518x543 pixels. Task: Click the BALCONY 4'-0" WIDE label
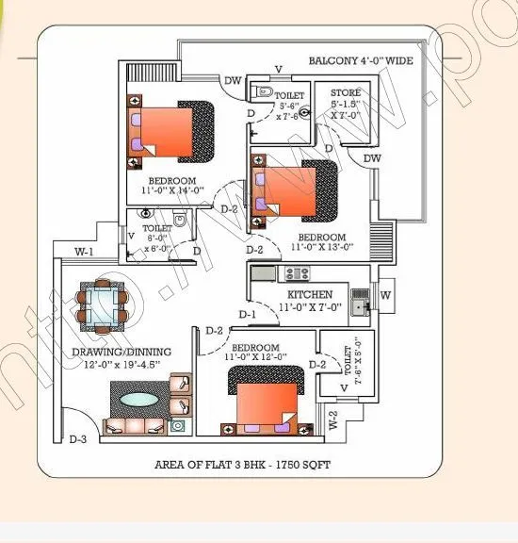pyautogui.click(x=361, y=61)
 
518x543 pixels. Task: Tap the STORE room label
pyautogui.click(x=352, y=92)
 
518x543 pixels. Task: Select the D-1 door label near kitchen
pyautogui.click(x=248, y=314)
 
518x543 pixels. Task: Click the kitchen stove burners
pyautogui.click(x=297, y=274)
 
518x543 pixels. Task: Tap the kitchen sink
pyautogui.click(x=359, y=304)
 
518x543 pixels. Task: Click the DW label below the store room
pyautogui.click(x=372, y=158)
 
